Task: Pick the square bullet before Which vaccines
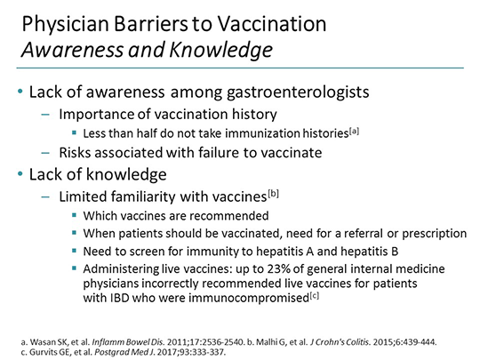76,215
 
